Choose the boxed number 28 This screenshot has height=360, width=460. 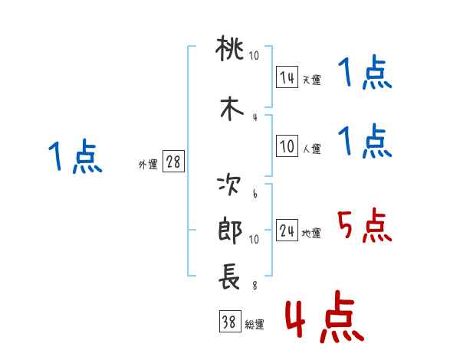[173, 162]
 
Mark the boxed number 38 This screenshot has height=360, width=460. [229, 322]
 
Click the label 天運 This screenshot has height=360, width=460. [311, 80]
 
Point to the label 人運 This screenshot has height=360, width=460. [311, 149]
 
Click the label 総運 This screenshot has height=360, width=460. [255, 325]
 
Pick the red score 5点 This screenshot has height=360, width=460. [365, 226]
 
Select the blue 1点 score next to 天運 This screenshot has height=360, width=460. [365, 74]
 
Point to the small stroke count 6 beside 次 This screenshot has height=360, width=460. [255, 194]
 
